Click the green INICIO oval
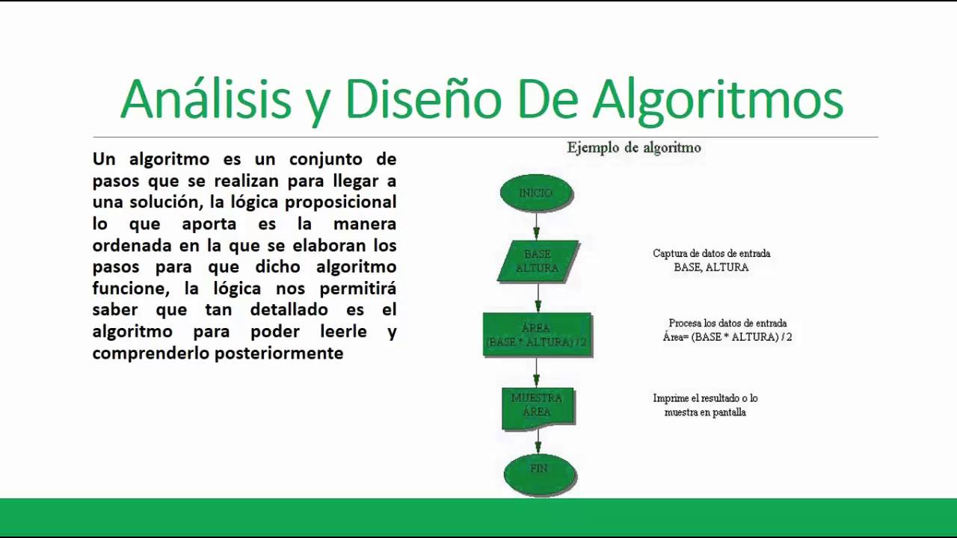tap(536, 193)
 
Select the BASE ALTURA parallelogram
tap(538, 261)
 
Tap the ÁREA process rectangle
tap(537, 334)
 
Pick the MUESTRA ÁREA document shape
tap(537, 406)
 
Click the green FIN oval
tap(539, 471)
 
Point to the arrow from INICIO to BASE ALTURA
tap(536, 225)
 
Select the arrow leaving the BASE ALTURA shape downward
tap(537, 298)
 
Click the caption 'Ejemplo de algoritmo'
tap(634, 148)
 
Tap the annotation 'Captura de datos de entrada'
tap(711, 253)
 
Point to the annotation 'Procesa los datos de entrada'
tap(727, 324)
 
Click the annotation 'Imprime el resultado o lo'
tap(705, 398)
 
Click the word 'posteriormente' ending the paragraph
tap(280, 353)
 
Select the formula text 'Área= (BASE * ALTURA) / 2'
tap(727, 337)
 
